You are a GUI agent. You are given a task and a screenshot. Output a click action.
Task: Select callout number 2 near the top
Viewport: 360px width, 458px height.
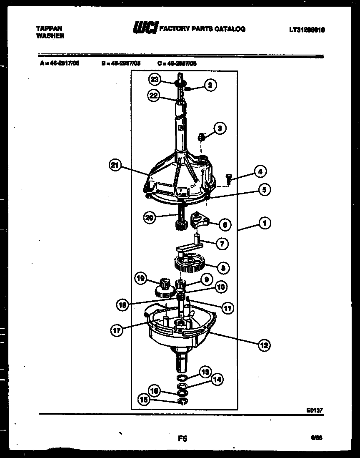[x=210, y=86]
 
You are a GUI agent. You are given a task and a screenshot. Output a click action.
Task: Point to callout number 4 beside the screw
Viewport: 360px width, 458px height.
[x=260, y=171]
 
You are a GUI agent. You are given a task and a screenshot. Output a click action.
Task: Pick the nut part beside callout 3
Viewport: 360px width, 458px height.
[x=201, y=136]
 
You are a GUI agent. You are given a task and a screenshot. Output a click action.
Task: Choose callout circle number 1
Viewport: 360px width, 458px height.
[x=264, y=223]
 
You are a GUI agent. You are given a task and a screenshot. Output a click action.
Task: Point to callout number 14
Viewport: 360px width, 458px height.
[x=217, y=379]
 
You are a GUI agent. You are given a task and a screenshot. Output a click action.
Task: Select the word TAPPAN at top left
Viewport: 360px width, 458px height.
[x=50, y=28]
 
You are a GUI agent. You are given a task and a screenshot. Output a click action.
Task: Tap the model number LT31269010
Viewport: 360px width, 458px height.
[x=307, y=30]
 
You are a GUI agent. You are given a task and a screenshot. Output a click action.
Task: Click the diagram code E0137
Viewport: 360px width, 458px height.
[x=315, y=410]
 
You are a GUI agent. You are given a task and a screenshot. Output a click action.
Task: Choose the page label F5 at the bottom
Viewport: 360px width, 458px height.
[x=182, y=438]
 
